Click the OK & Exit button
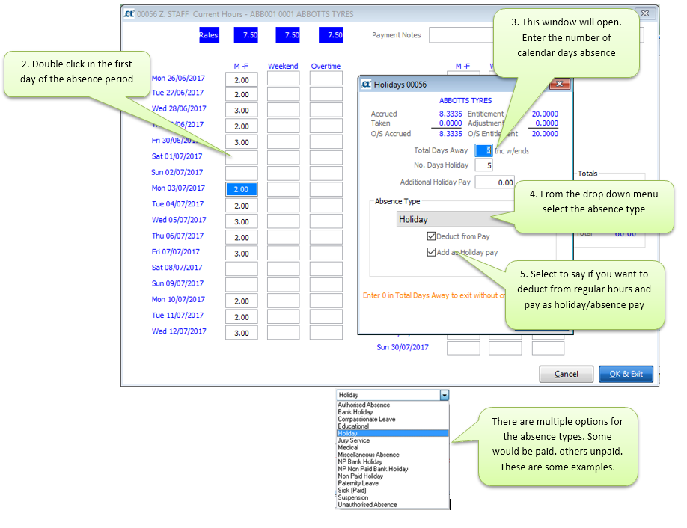[626, 374]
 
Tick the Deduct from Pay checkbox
[431, 236]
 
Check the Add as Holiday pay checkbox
[431, 252]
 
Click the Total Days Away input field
[483, 150]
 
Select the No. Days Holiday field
[483, 165]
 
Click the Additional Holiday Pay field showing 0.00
[495, 182]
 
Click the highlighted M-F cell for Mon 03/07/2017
[241, 189]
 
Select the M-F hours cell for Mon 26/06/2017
[241, 79]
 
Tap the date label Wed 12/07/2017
[179, 331]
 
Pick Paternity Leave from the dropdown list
[358, 483]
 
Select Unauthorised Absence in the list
[367, 505]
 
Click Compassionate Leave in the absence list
[367, 419]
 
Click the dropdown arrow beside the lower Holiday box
[445, 395]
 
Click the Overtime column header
[326, 67]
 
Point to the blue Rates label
[208, 35]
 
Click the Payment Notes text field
[464, 35]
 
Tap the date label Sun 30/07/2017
[403, 347]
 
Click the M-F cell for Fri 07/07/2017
[241, 254]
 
